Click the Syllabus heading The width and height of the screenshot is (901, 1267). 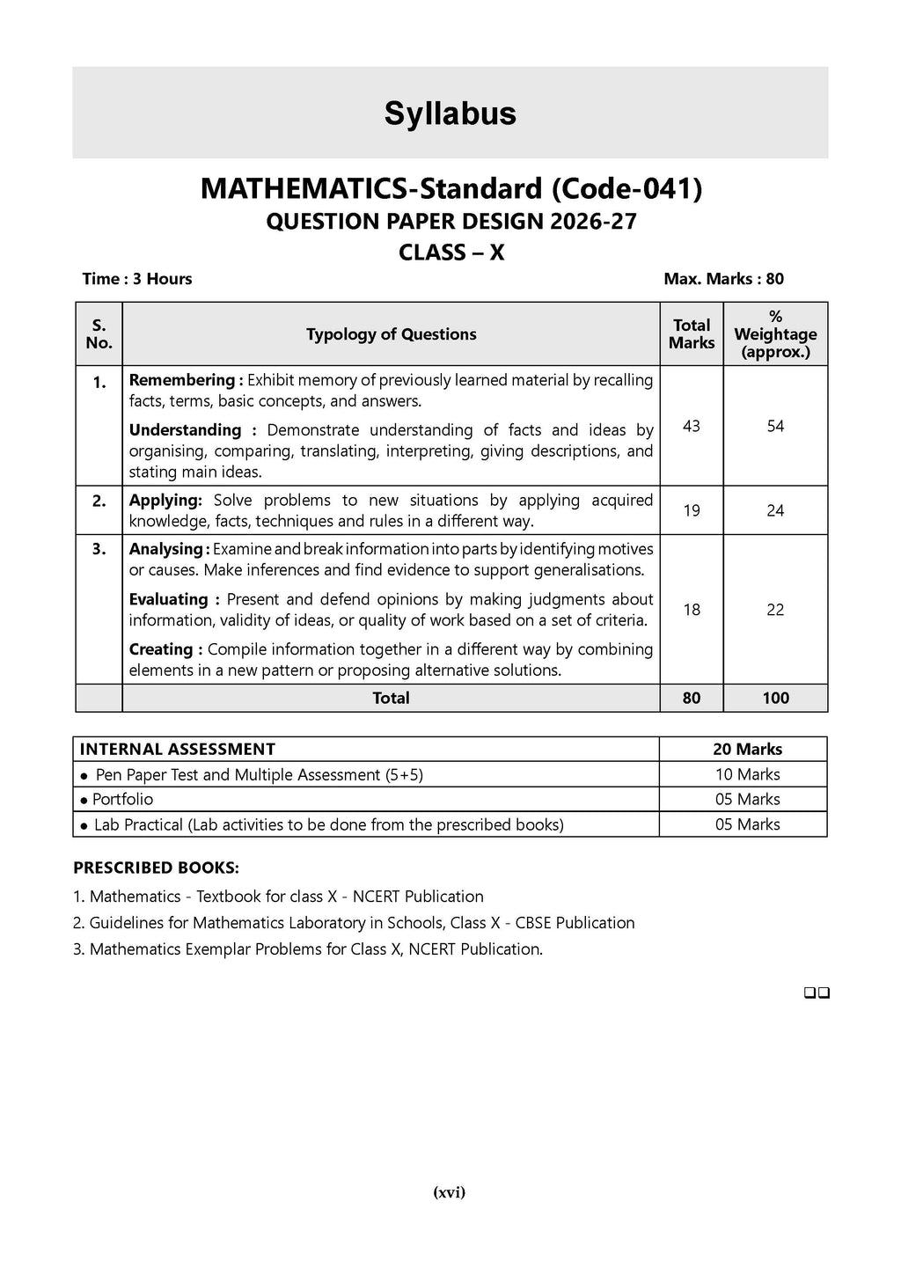[x=450, y=114]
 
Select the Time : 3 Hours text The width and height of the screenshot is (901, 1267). [x=137, y=279]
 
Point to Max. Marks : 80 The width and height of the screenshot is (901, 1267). [x=723, y=279]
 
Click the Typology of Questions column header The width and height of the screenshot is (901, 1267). [x=391, y=334]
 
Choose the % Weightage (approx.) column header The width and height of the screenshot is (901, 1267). [x=775, y=334]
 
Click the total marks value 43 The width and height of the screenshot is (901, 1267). [x=692, y=426]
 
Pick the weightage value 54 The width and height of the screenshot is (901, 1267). [x=775, y=426]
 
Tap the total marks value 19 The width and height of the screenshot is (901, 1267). [x=692, y=510]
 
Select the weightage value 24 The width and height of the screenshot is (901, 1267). [x=775, y=510]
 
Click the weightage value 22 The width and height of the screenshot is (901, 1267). [x=775, y=610]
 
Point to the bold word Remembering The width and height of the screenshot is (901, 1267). [x=182, y=380]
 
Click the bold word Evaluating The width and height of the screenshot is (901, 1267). [x=168, y=599]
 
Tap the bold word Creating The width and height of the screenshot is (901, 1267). [x=163, y=649]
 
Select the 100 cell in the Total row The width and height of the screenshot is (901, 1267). [x=775, y=698]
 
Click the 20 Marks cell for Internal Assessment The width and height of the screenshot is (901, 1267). [x=747, y=749]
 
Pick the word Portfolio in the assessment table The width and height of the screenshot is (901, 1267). [x=122, y=799]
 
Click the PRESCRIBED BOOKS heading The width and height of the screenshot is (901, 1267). [x=156, y=868]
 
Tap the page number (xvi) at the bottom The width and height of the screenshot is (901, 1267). [x=450, y=1193]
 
